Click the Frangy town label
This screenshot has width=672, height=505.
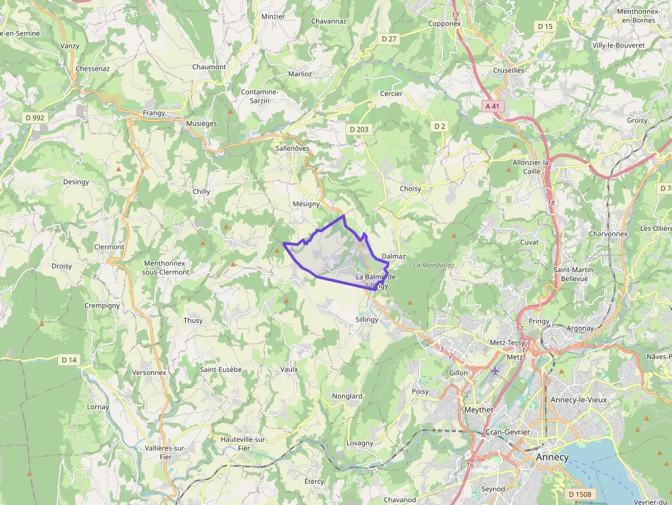(x=154, y=112)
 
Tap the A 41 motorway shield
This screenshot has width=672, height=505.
(x=492, y=106)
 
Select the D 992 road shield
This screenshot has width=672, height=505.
(x=35, y=118)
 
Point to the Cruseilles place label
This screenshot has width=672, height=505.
(x=509, y=71)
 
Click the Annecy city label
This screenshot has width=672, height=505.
(x=552, y=457)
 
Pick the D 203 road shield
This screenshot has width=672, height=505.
(x=359, y=129)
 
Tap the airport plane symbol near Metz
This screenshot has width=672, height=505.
(x=495, y=371)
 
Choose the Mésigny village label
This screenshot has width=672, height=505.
(x=306, y=204)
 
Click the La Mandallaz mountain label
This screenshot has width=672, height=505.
(x=434, y=265)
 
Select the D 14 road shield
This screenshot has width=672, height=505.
(x=69, y=360)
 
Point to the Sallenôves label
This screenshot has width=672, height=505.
(x=292, y=148)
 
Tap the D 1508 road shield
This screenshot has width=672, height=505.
(x=580, y=494)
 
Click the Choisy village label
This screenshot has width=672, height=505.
(x=410, y=188)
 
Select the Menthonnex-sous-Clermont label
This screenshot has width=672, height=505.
(x=166, y=267)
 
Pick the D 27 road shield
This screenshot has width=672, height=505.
(x=389, y=39)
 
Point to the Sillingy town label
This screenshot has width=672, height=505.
(x=367, y=319)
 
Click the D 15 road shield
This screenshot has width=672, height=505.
(x=545, y=26)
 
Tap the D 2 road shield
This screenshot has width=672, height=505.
(x=440, y=126)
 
